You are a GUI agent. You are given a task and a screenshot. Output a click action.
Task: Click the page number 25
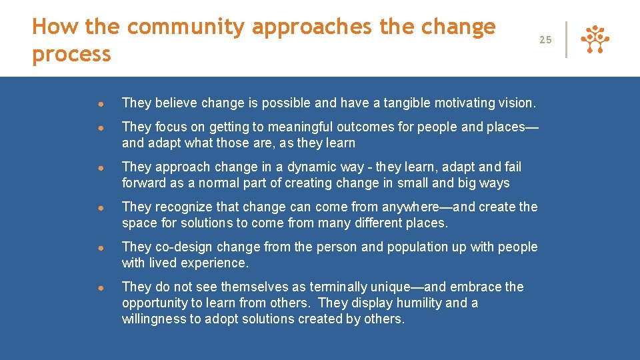[x=545, y=40]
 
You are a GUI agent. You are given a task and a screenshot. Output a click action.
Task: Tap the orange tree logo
[x=595, y=39]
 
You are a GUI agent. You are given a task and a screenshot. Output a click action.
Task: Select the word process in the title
[x=71, y=54]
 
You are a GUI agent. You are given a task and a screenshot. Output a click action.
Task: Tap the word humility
[x=417, y=303]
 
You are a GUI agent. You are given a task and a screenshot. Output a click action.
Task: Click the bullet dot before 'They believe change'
[x=98, y=104]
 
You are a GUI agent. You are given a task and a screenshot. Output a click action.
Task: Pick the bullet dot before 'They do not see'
[x=98, y=288]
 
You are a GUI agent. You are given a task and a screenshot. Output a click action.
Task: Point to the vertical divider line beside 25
[x=567, y=39]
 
